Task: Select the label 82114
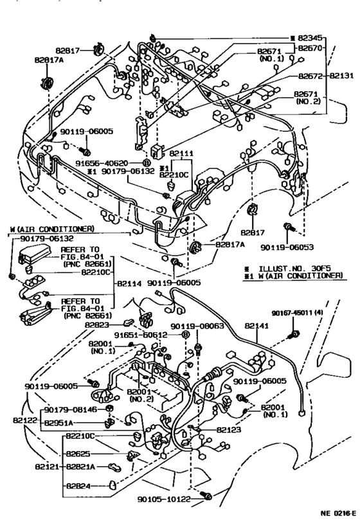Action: (x=129, y=282)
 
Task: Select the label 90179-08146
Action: (x=71, y=410)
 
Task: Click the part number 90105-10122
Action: (x=167, y=497)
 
